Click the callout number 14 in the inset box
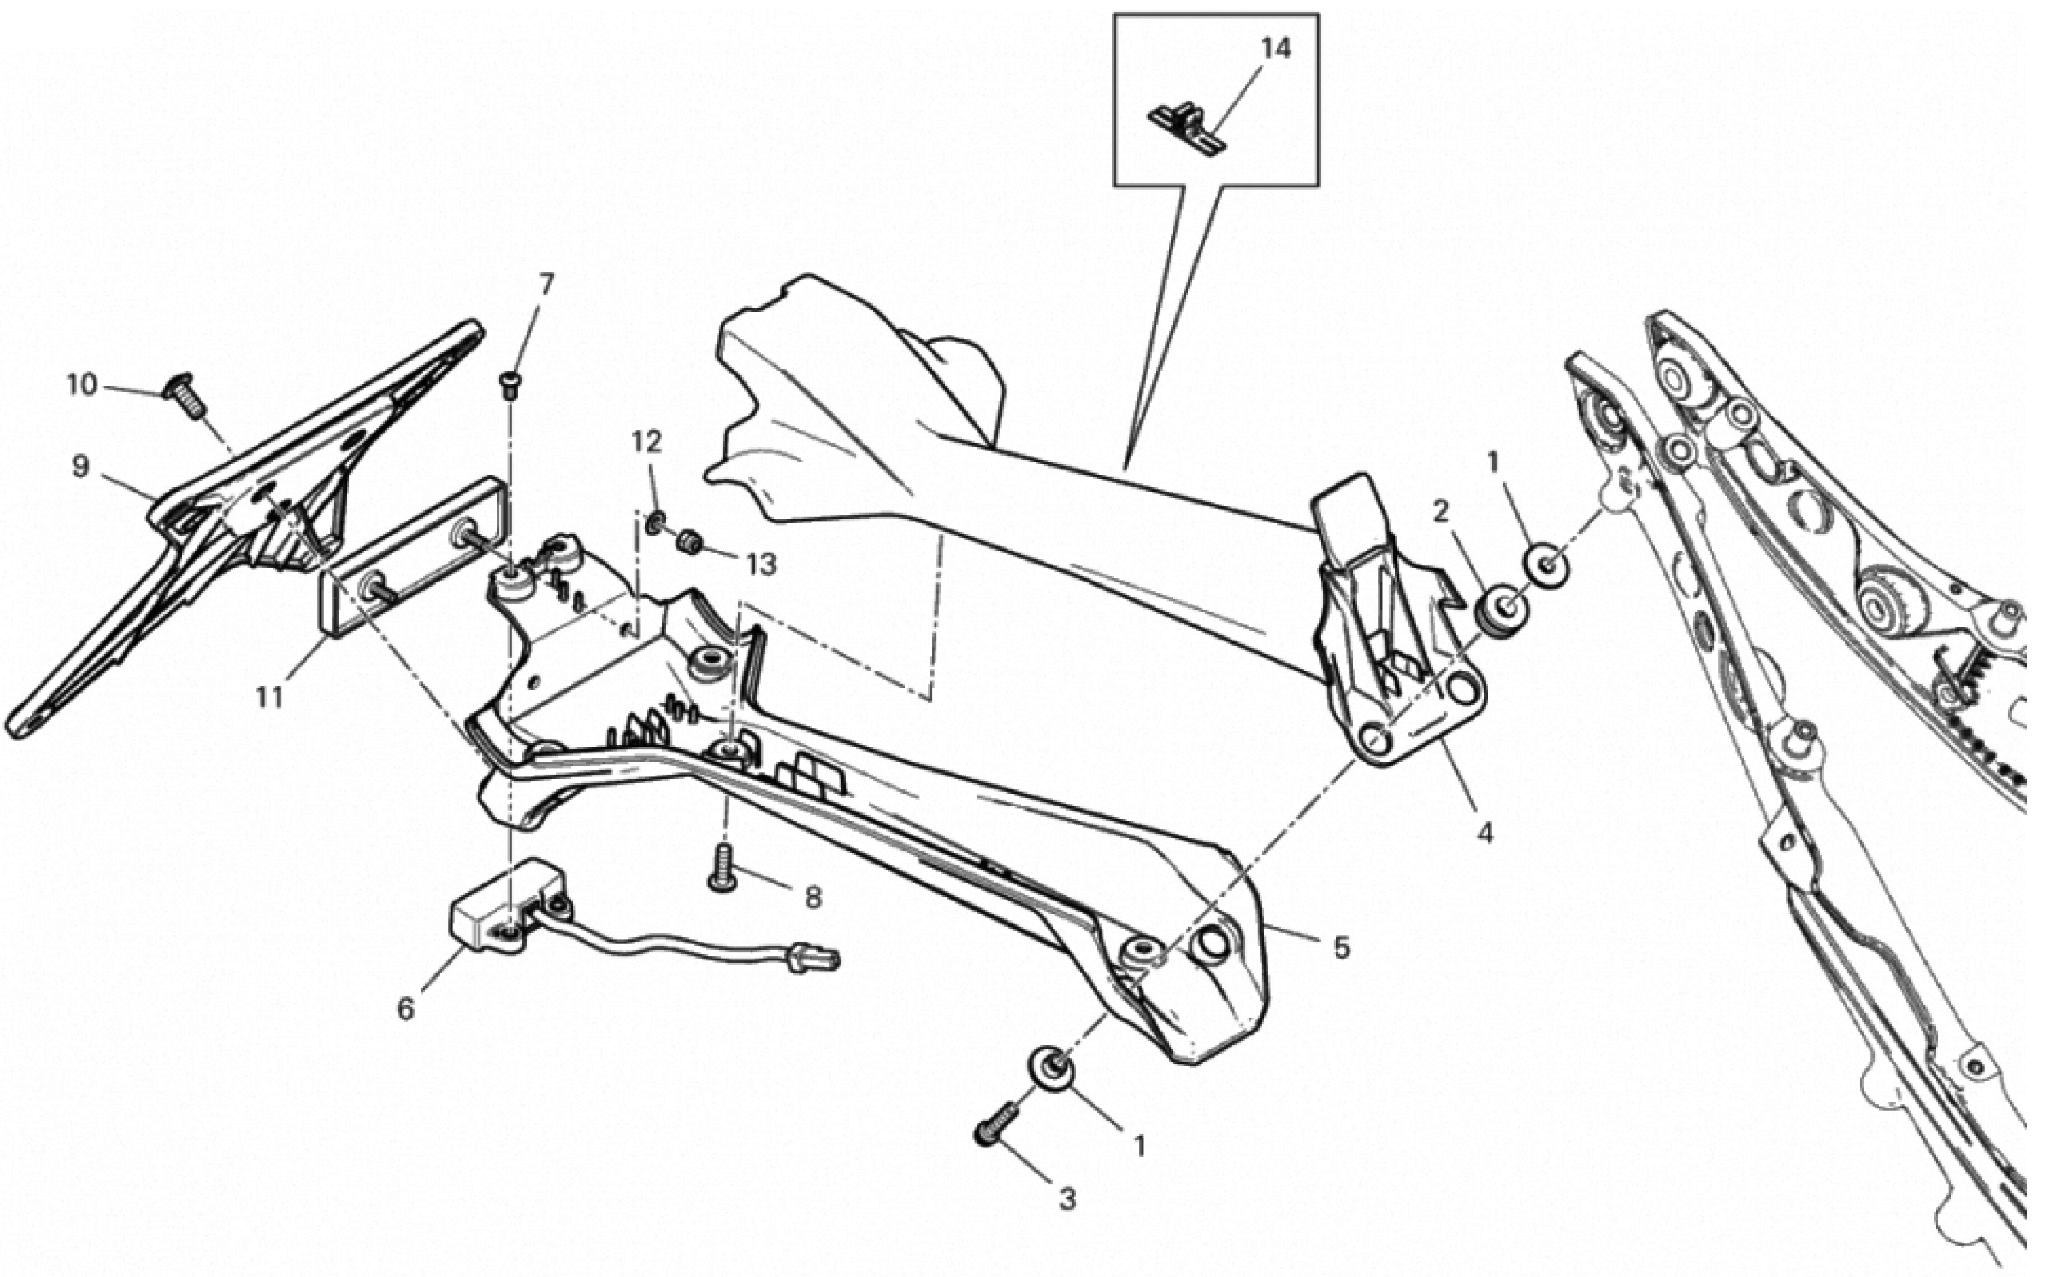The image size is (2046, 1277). pyautogui.click(x=1276, y=49)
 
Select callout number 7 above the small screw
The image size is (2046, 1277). pyautogui.click(x=547, y=285)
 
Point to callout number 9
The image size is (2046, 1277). pyautogui.click(x=80, y=465)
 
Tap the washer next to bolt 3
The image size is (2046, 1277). pyautogui.click(x=1052, y=1068)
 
